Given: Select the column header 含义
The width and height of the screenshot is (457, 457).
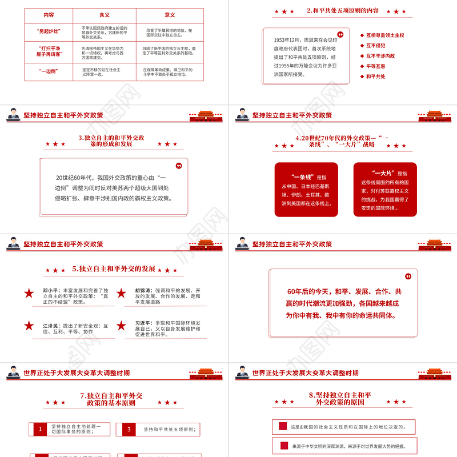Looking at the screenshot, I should pyautogui.click(x=105, y=15).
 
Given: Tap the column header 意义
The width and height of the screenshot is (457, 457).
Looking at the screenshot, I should pyautogui.click(x=169, y=15).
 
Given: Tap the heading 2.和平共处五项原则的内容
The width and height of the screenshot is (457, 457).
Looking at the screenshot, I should pyautogui.click(x=343, y=10).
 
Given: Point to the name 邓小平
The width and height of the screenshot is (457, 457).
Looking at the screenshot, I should pyautogui.click(x=51, y=290).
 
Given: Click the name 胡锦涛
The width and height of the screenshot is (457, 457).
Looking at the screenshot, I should pyautogui.click(x=143, y=290).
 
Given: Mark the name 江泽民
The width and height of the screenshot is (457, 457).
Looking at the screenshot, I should pyautogui.click(x=51, y=325).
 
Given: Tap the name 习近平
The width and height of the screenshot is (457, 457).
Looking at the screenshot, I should pyautogui.click(x=143, y=323).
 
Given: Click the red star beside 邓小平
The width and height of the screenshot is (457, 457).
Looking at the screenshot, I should pyautogui.click(x=29, y=294).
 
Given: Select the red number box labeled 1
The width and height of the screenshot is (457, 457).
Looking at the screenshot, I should pyautogui.click(x=40, y=429).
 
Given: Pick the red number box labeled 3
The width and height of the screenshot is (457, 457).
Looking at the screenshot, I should pyautogui.click(x=129, y=429).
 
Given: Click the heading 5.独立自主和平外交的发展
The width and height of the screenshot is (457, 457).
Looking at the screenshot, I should pyautogui.click(x=114, y=268).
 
